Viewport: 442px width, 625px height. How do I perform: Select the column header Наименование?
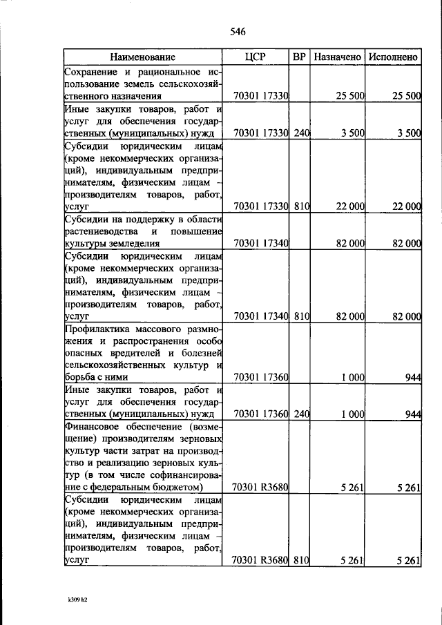click(142, 57)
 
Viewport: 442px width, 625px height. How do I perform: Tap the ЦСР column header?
click(256, 57)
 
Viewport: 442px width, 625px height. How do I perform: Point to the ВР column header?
click(300, 57)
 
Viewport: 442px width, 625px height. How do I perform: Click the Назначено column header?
click(338, 57)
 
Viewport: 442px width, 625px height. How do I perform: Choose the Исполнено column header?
click(393, 57)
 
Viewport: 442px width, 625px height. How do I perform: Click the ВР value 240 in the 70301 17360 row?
click(300, 414)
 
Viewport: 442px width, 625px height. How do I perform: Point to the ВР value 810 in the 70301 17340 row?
click(300, 317)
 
